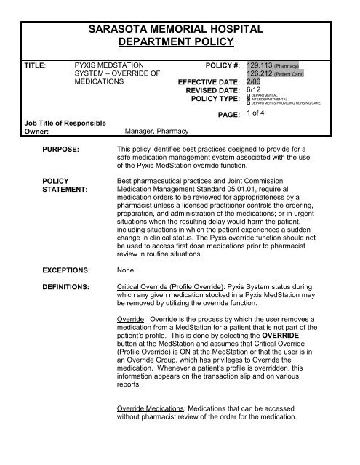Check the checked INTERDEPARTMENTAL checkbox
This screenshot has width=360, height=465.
249,100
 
